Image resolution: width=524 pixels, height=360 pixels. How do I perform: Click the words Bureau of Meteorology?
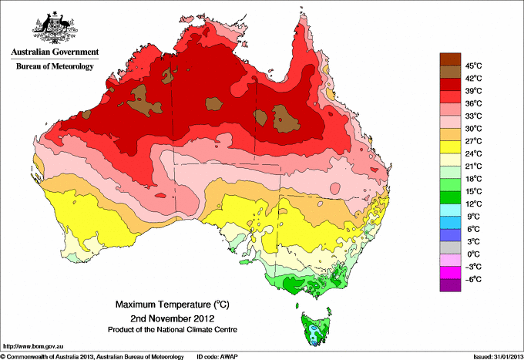(x=54, y=66)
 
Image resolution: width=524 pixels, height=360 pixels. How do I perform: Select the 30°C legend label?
(x=472, y=128)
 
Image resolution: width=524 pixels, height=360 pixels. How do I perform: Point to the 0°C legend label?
(x=471, y=254)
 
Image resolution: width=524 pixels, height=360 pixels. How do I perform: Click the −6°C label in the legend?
(x=472, y=279)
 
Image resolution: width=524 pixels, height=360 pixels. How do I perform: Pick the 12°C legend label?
(x=472, y=204)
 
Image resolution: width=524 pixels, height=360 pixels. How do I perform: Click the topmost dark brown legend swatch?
(x=449, y=59)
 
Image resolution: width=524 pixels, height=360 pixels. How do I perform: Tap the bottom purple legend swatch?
(x=449, y=285)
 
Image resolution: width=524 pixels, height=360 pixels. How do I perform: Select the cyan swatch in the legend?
(x=449, y=210)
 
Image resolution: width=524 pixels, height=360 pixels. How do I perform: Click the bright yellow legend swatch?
(x=449, y=147)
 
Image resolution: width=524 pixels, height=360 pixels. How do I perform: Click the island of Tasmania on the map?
(x=316, y=328)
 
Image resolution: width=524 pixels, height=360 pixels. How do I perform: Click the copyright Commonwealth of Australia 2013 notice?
(x=92, y=356)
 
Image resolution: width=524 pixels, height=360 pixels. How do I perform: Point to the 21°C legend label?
(x=472, y=166)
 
